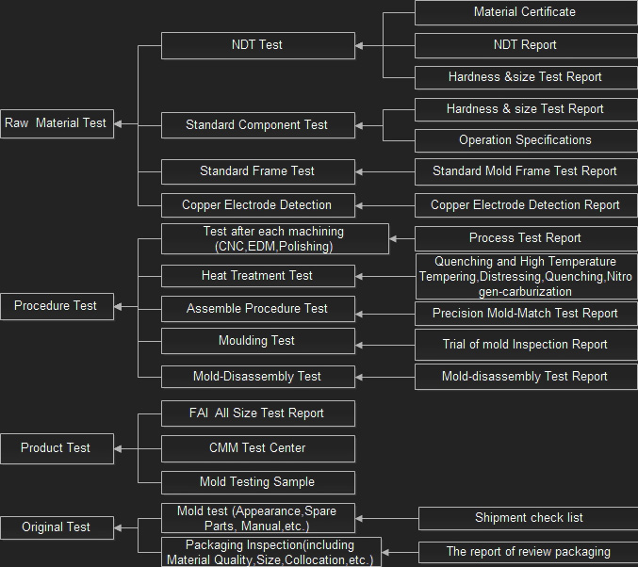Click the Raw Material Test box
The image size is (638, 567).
tap(57, 122)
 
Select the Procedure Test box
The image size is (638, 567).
tap(57, 305)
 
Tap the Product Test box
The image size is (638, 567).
tap(57, 447)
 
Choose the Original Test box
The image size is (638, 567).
tap(57, 527)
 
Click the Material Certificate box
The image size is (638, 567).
tap(525, 12)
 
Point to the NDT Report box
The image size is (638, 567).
tap(525, 44)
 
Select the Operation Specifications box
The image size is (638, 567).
tap(525, 140)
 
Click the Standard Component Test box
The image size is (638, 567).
tap(257, 124)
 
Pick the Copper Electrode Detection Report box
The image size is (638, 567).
tap(525, 204)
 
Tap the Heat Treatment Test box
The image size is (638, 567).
tap(257, 275)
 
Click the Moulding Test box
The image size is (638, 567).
tap(257, 340)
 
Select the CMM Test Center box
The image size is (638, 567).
tap(257, 447)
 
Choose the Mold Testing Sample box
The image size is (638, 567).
tap(257, 481)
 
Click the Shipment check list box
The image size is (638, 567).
tap(528, 517)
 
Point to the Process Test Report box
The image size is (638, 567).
tap(525, 238)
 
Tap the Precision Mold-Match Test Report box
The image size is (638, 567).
tap(525, 314)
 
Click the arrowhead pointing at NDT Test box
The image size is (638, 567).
tap(361, 44)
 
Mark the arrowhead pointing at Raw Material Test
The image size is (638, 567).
tap(119, 123)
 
